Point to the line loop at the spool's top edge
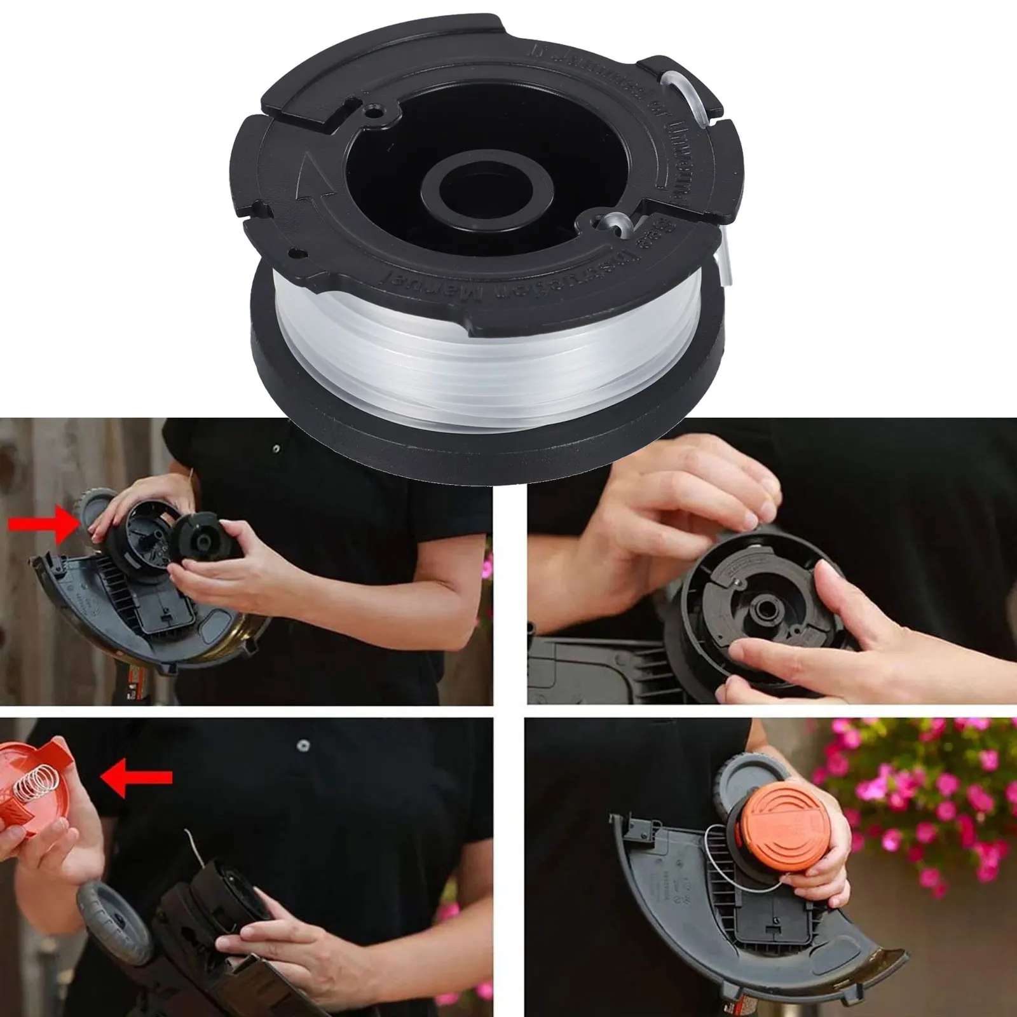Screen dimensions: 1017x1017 [680, 89]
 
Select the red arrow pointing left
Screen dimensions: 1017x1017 [137, 777]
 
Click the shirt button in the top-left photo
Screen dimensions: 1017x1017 [275, 449]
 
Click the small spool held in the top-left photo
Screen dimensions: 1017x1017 [200, 534]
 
